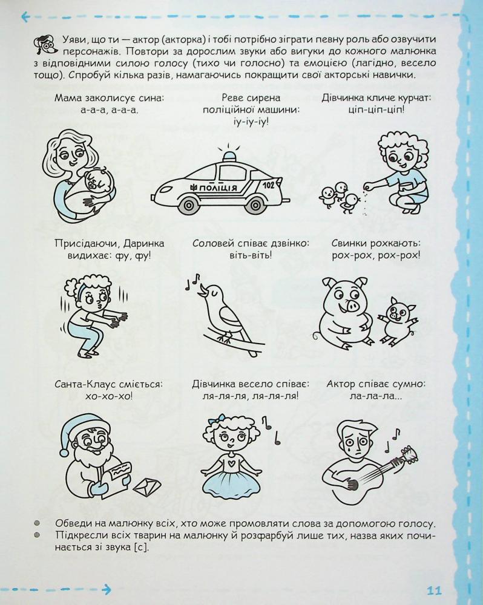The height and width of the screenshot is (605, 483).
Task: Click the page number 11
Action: [x=434, y=590]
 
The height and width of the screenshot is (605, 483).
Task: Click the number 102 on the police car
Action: [x=268, y=185]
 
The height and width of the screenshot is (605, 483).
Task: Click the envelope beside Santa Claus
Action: [x=147, y=486]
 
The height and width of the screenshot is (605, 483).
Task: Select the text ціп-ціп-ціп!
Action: [x=376, y=110]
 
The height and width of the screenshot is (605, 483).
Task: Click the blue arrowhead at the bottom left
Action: [x=107, y=589]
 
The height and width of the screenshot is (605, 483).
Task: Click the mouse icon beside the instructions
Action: [x=45, y=45]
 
